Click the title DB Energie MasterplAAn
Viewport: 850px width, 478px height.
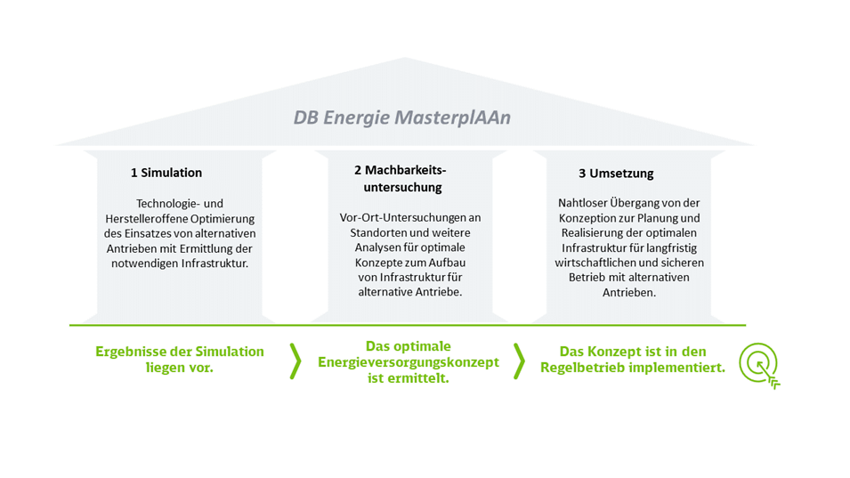(401, 117)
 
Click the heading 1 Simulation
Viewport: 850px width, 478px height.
(166, 173)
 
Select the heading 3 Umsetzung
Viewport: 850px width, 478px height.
(616, 174)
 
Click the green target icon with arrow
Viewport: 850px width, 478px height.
(759, 365)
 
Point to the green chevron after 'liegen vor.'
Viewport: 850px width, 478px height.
(295, 361)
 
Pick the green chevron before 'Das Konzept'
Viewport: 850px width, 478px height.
(519, 361)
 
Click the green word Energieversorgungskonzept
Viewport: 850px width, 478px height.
(409, 362)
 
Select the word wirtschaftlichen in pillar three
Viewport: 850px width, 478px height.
(591, 263)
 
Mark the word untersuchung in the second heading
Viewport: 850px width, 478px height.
(403, 188)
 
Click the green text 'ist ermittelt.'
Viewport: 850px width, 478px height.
(409, 378)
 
